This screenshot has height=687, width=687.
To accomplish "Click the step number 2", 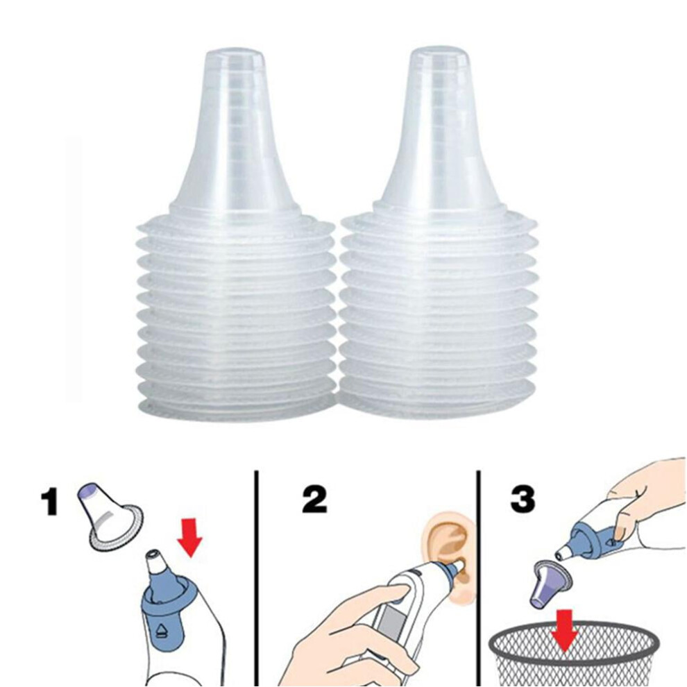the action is click(x=314, y=500).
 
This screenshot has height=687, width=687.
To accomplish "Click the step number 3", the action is click(x=523, y=499).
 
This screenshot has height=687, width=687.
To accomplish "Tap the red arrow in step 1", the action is click(x=189, y=537).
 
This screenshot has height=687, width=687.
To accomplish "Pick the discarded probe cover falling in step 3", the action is click(x=548, y=585).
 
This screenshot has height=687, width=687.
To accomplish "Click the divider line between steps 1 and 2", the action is click(x=256, y=579).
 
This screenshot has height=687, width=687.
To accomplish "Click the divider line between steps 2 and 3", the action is click(x=478, y=579).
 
